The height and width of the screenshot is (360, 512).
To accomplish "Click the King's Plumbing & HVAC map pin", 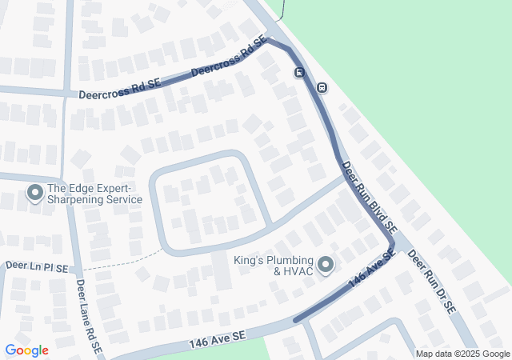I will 325,263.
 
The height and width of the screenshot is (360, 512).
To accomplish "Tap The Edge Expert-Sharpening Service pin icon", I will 35,193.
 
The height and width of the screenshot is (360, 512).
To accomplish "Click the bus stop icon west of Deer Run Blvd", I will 299,74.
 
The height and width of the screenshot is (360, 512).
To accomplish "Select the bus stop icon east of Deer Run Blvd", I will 322,87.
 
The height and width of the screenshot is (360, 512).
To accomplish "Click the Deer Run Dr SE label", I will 431,280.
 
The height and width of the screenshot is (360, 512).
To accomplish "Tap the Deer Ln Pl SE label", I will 37,264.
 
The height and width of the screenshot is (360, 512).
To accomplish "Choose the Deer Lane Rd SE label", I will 89,317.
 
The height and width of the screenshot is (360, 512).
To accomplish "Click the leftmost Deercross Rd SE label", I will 120,89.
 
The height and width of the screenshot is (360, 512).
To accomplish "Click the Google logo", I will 26,350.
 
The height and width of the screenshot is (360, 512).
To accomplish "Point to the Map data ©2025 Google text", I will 462,354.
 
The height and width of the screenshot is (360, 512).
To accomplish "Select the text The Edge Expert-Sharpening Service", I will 94,194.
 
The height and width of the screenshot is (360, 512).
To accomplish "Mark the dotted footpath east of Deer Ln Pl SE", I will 120,262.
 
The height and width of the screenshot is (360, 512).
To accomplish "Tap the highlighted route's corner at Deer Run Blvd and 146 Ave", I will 392,244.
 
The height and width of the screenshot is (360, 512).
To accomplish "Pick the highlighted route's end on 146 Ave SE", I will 297,320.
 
